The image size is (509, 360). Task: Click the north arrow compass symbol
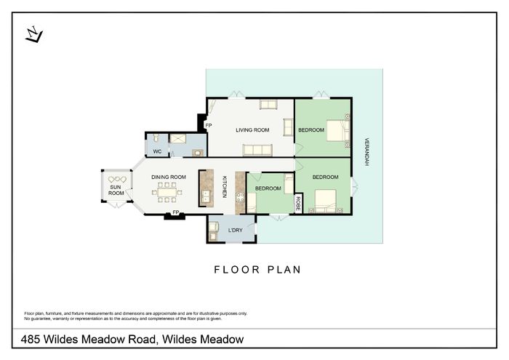click(x=34, y=34)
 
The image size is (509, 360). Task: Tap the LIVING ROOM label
click(x=252, y=130)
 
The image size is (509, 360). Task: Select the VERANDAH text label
click(x=366, y=152)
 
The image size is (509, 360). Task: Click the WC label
click(x=158, y=151)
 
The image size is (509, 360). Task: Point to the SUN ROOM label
click(x=116, y=190)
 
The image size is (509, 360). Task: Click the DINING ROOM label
click(x=169, y=177)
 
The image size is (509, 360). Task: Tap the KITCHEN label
click(x=224, y=187)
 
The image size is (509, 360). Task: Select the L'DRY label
click(x=236, y=230)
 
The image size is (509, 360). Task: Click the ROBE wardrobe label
click(x=298, y=204)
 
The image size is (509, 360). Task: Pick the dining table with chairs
click(x=167, y=192)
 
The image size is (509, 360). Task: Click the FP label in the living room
click(x=209, y=125)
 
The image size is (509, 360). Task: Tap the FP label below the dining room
click(x=176, y=212)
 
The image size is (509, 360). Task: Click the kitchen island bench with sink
click(x=207, y=188)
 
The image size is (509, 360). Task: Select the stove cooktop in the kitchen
click(x=240, y=197)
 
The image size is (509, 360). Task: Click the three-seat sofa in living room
click(x=257, y=151)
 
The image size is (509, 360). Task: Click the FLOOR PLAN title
click(x=257, y=270)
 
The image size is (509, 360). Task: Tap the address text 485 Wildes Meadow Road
click(x=88, y=339)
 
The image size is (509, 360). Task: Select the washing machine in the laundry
click(x=213, y=227)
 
